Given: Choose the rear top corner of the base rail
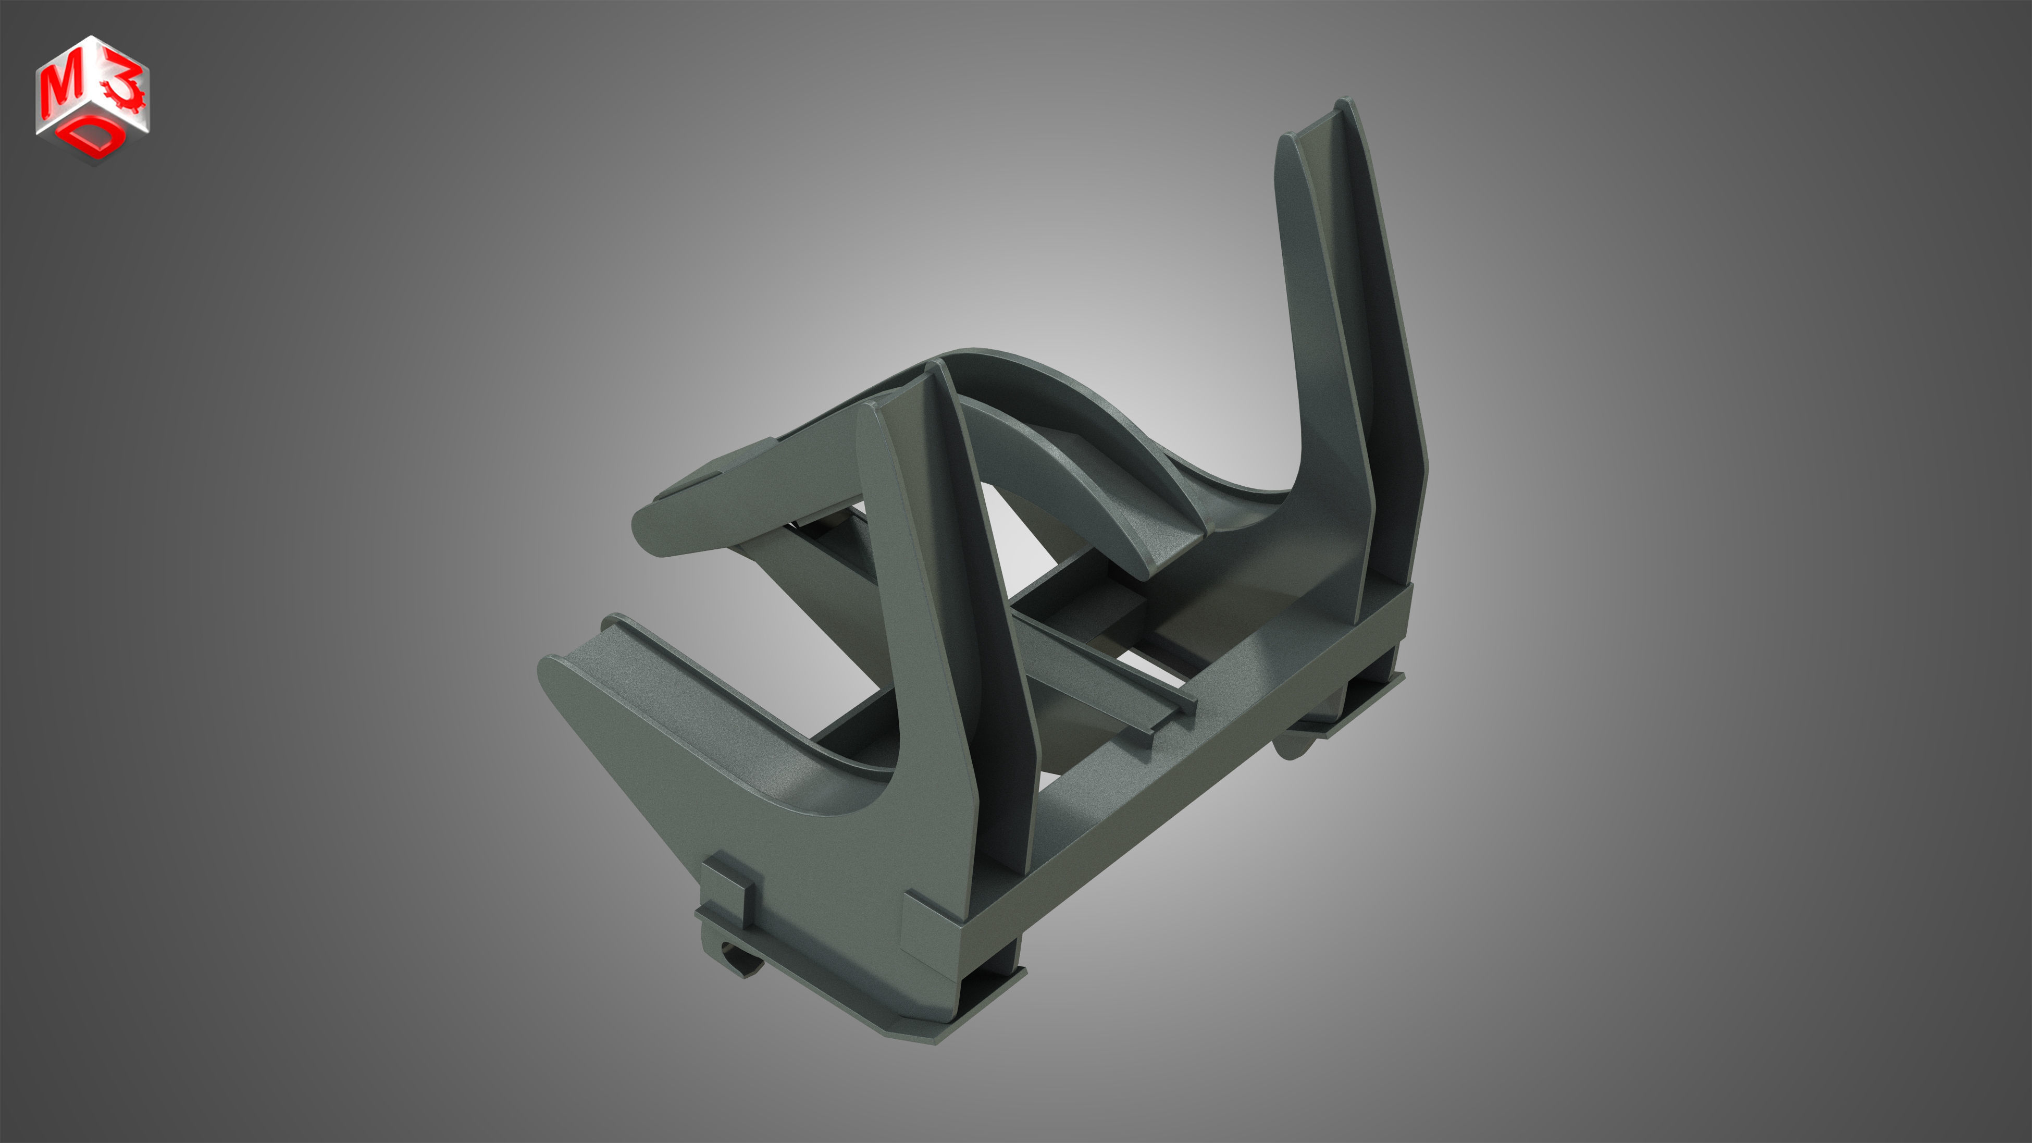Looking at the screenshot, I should [x=1408, y=588].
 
